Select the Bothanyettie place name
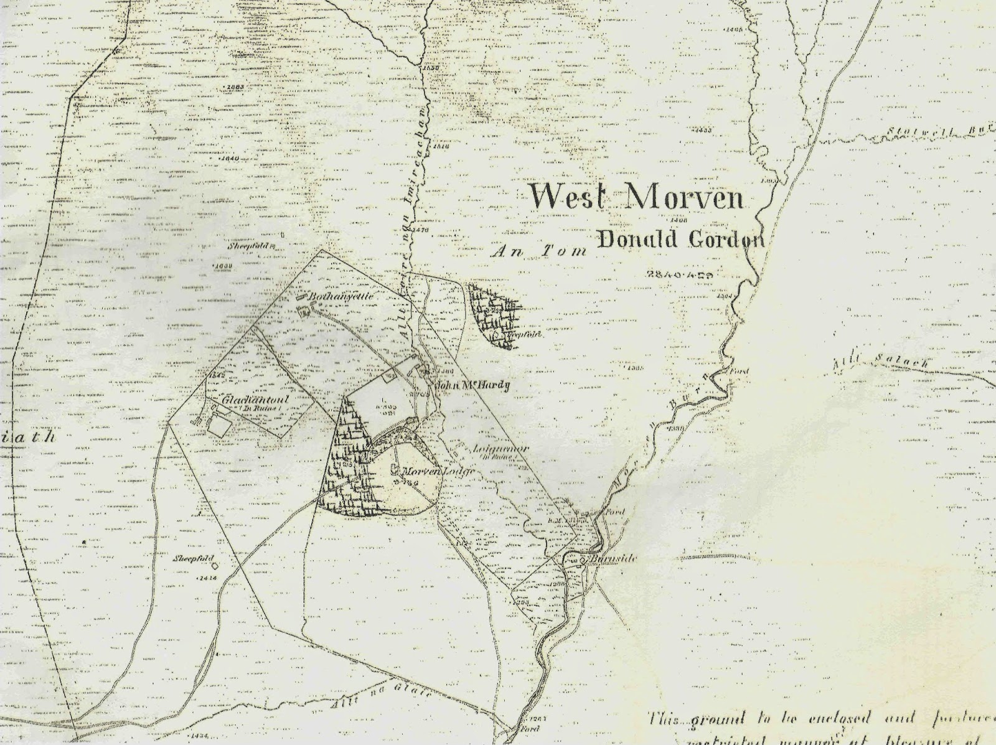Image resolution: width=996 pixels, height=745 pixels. pos(343,297)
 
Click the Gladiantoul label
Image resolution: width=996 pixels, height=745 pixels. pos(247,401)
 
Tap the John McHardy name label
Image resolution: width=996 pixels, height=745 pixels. pos(473,385)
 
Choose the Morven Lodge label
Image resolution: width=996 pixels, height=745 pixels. pos(439,471)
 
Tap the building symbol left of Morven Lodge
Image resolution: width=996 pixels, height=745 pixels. pos(395,471)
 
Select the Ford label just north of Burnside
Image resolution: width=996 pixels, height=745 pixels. pos(614,512)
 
